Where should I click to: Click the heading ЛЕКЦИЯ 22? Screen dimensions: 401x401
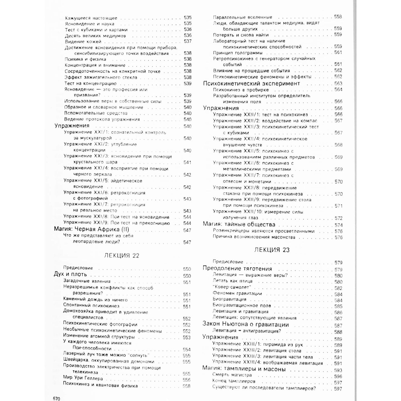[122, 256]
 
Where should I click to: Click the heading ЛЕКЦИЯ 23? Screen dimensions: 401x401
[272, 250]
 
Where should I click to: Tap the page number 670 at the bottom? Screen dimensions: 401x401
[57, 399]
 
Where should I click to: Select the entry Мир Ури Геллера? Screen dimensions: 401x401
[83, 378]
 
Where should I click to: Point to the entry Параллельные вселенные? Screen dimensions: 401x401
[243, 17]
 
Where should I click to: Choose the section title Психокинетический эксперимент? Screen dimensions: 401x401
[251, 84]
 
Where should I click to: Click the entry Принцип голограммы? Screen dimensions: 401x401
[238, 53]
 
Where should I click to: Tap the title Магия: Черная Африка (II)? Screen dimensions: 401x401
[91, 229]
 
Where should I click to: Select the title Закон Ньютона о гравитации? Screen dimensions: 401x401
[246, 325]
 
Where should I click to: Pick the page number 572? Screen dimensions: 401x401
[338, 218]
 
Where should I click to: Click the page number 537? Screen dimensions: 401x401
[188, 41]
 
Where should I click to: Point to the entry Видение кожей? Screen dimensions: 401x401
[83, 42]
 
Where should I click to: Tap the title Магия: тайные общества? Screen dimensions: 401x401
[239, 224]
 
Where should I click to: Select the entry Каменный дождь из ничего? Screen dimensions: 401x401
[95, 300]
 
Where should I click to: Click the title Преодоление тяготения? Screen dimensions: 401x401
[237, 269]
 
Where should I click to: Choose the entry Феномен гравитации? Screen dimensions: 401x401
[237, 293]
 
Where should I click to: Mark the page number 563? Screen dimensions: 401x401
[338, 84]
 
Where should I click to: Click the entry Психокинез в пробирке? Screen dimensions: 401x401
[241, 90]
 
